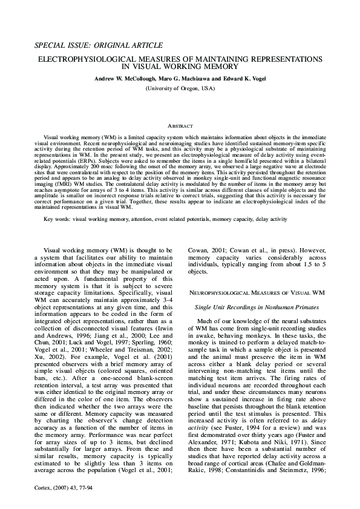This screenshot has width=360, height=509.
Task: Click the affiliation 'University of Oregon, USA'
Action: coord(180,89)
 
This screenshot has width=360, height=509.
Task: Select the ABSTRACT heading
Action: coord(180,126)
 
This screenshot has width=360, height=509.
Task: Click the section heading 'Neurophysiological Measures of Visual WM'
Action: coord(257,292)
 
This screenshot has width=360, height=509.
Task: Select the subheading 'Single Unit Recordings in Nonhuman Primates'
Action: coord(257,308)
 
